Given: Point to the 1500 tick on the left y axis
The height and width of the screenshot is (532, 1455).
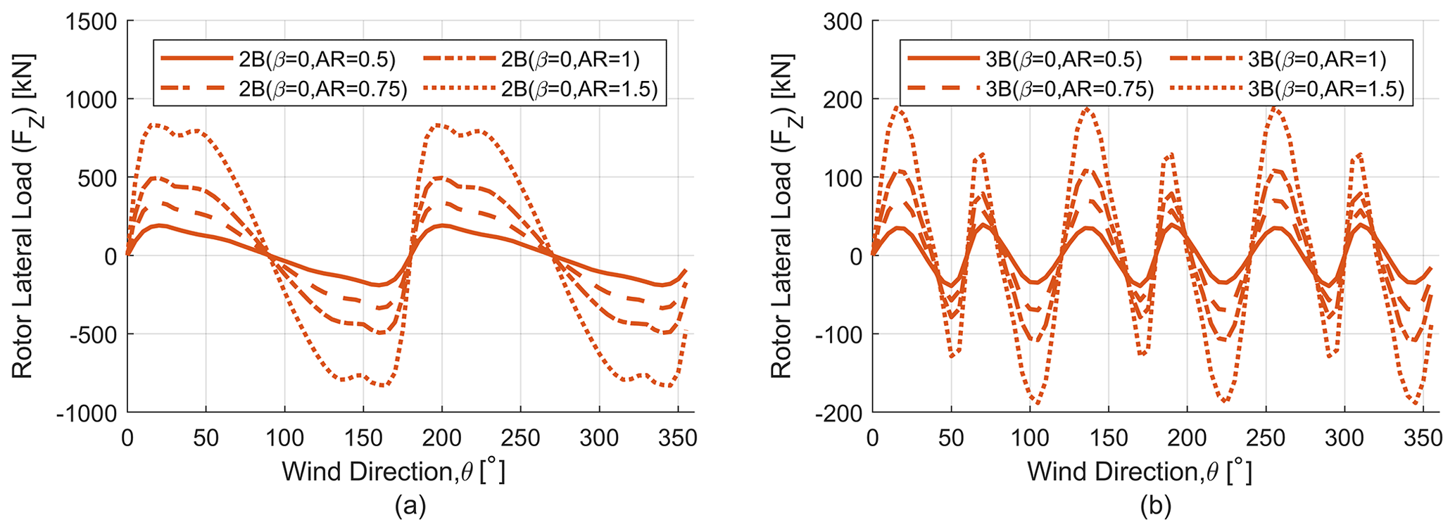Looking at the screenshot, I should tap(92, 22).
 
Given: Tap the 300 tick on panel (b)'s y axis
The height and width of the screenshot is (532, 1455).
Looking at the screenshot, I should tap(843, 22).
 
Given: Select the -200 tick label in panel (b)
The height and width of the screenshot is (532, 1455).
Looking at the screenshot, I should tap(838, 412).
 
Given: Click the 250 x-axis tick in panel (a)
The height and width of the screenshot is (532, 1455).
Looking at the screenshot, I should tap(520, 438).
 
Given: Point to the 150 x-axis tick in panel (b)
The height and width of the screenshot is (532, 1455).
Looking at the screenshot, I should tap(1109, 438).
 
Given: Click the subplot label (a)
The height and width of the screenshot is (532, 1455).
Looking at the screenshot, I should tap(410, 505).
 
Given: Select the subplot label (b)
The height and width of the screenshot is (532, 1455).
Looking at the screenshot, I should tap(1155, 505).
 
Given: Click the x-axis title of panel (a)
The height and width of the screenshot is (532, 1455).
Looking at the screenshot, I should tap(393, 471).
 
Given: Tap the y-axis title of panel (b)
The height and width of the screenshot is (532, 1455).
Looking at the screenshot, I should tap(781, 216).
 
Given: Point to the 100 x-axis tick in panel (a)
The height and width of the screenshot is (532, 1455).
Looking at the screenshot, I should tap(284, 438).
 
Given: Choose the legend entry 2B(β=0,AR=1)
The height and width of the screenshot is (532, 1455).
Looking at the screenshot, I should tap(570, 59).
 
